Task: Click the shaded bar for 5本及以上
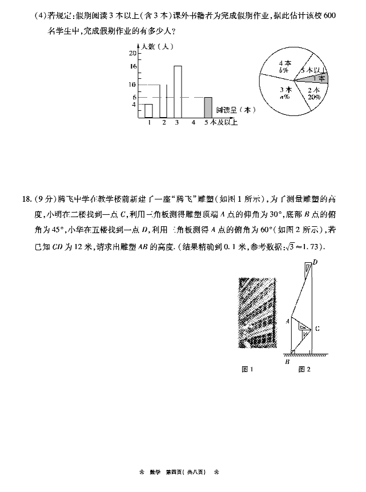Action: point(208,107)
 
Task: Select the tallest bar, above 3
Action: point(178,91)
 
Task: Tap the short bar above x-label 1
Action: point(148,111)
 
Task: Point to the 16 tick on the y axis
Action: point(132,66)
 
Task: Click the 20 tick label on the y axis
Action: point(132,53)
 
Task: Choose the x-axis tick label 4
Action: point(193,122)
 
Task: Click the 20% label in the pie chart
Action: point(313,97)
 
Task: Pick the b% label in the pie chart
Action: point(283,70)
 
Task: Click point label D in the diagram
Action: point(315,262)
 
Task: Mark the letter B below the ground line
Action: point(287,361)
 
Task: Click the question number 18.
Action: point(25,199)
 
